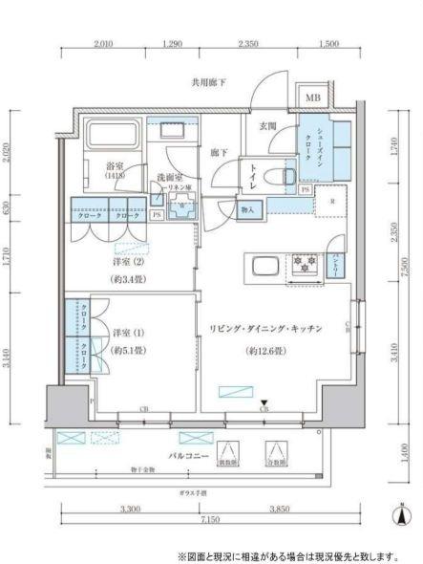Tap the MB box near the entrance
pyautogui.click(x=313, y=98)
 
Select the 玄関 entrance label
pyautogui.click(x=268, y=125)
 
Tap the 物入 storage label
pyautogui.click(x=246, y=209)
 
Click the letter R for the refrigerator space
pyautogui.click(x=331, y=202)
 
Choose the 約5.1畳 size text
pyautogui.click(x=125, y=349)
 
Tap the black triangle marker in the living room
pyautogui.click(x=265, y=402)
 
